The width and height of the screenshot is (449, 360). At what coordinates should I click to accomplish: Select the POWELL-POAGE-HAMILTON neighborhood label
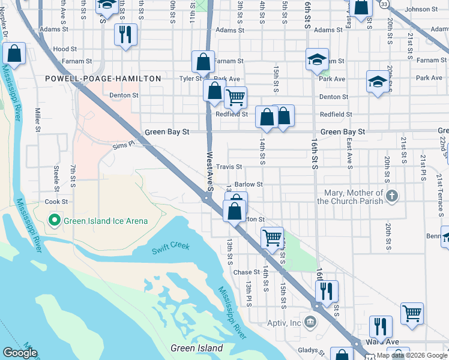(x=103, y=79)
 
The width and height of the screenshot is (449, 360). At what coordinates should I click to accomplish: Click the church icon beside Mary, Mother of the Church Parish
(x=391, y=196)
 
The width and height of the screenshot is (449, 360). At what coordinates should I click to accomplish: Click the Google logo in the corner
(x=20, y=353)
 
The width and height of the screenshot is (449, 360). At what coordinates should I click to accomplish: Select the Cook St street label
(x=56, y=202)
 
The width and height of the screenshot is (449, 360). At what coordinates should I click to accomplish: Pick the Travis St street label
(x=229, y=167)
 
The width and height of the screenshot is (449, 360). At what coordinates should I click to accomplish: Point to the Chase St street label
(x=246, y=272)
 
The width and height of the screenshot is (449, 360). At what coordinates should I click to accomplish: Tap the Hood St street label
(x=65, y=49)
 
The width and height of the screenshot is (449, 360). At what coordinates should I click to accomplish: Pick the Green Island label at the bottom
(x=197, y=348)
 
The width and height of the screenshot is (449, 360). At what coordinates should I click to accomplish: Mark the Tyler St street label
(x=190, y=79)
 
